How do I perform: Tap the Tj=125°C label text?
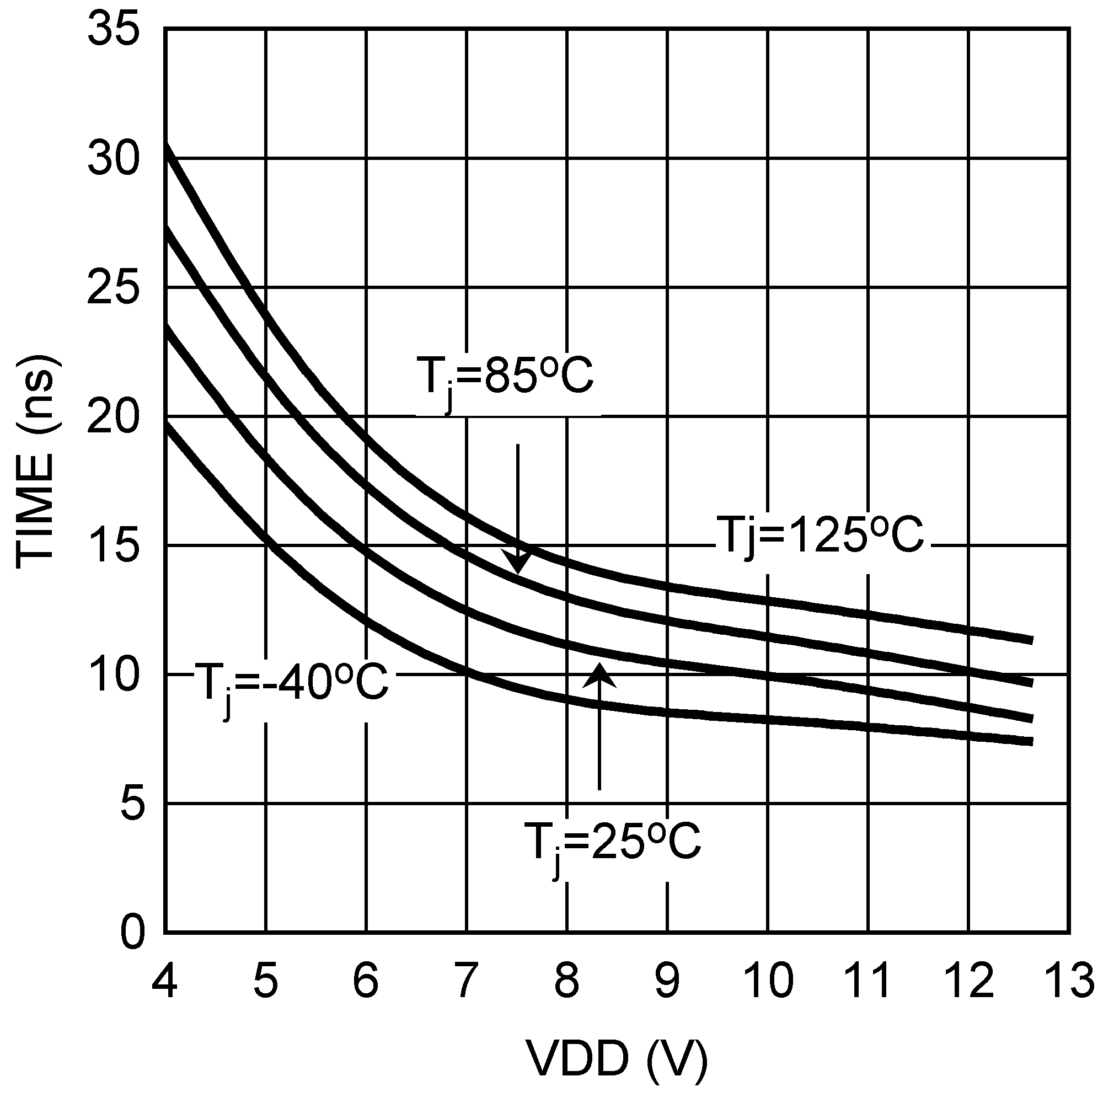(820, 536)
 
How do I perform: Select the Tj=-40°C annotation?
(291, 682)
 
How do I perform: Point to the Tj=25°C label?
(613, 842)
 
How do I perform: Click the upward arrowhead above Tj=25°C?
(599, 677)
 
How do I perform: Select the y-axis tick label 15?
(113, 546)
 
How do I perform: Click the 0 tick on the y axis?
(132, 934)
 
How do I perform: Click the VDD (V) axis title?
(617, 1059)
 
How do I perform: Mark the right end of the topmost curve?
(1031, 640)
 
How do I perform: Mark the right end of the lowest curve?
(1031, 742)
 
